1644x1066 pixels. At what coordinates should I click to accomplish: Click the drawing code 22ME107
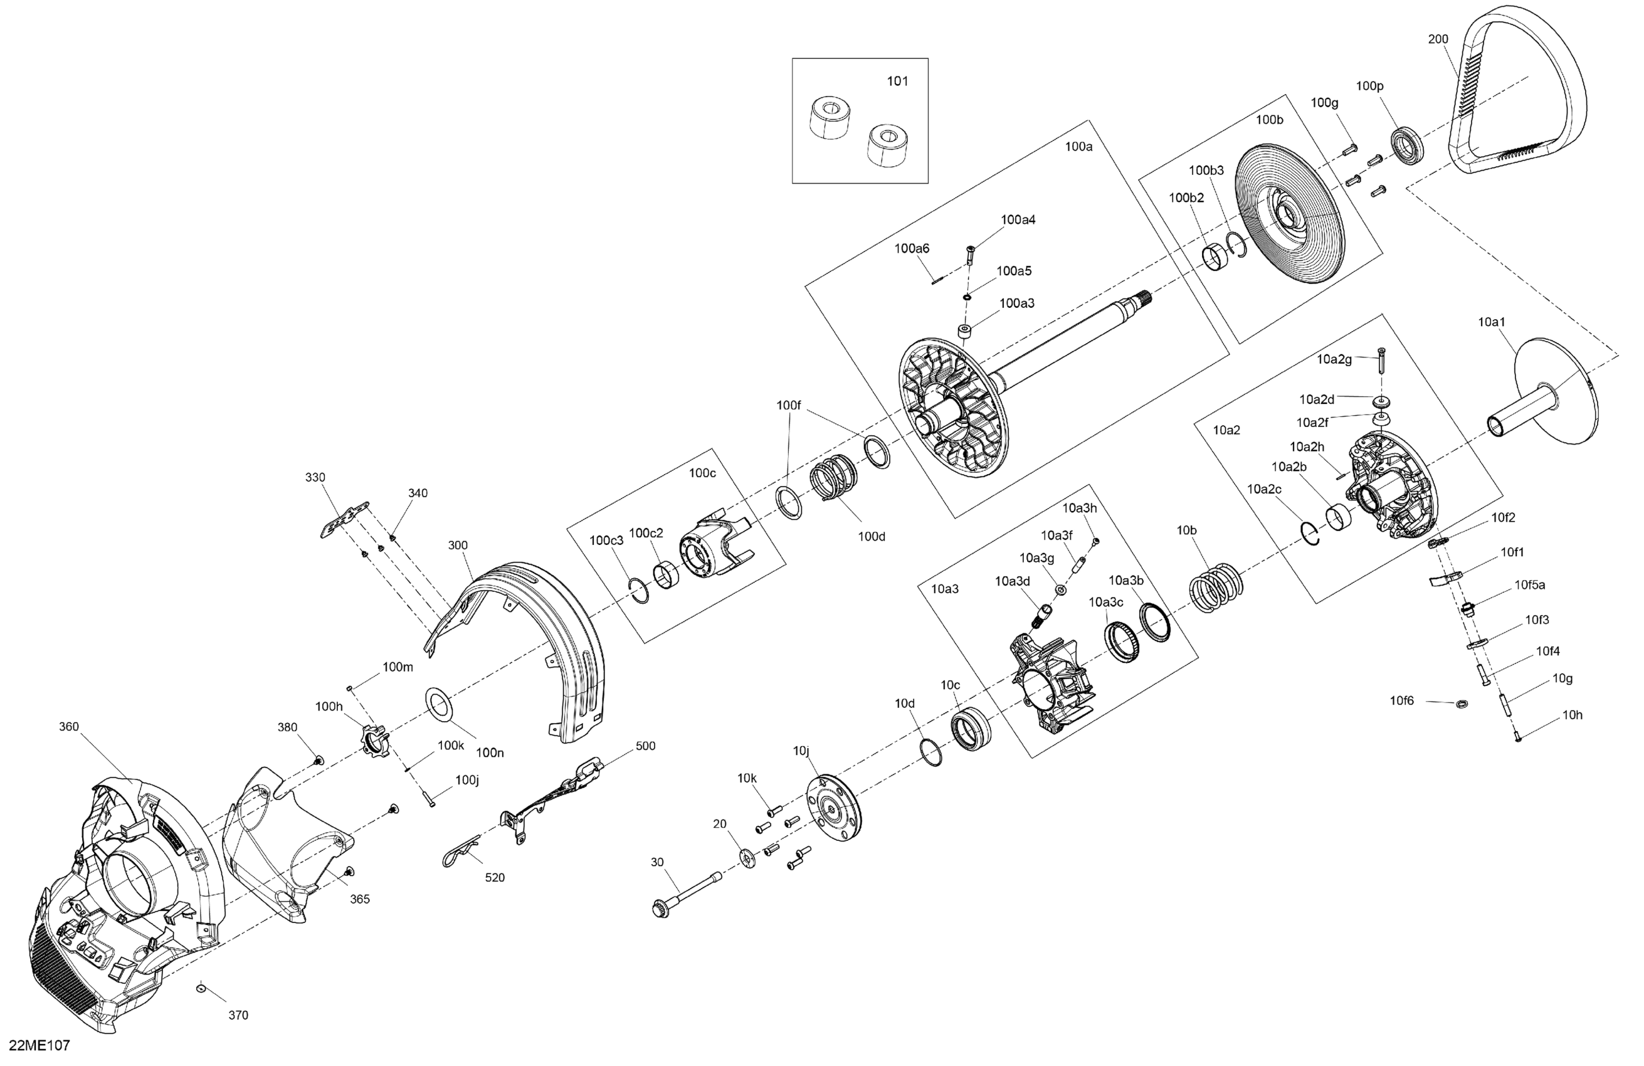(40, 1045)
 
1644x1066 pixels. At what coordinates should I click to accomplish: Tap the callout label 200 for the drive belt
(1438, 40)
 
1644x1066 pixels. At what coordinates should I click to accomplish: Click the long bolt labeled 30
(687, 890)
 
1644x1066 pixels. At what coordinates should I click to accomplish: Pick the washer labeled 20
(747, 857)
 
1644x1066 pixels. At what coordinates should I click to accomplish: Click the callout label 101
(897, 82)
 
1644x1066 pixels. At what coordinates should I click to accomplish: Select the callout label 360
(69, 726)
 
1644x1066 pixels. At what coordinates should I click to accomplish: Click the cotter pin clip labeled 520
(460, 854)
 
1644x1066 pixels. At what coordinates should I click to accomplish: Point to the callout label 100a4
(1018, 219)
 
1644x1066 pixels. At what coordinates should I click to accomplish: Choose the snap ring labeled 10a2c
(1309, 535)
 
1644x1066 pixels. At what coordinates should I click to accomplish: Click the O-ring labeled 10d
(931, 752)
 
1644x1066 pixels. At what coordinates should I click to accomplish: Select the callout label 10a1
(1492, 322)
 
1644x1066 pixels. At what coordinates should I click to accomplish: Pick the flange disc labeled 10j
(835, 807)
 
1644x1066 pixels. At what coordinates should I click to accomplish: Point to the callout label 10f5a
(1530, 584)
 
